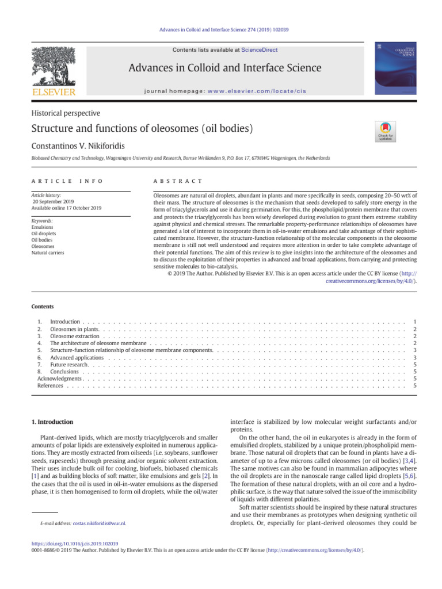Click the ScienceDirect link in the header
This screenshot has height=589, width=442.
click(x=259, y=50)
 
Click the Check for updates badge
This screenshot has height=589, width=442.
click(x=385, y=131)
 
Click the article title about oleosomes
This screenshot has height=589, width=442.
click(x=143, y=128)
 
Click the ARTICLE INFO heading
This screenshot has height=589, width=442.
click(x=67, y=181)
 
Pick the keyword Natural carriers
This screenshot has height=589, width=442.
click(x=48, y=253)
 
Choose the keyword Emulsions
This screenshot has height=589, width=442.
click(x=42, y=227)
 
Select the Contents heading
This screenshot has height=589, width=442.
click(x=43, y=307)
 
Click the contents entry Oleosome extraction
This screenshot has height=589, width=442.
click(x=75, y=335)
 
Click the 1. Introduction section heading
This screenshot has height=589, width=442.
click(x=52, y=422)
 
